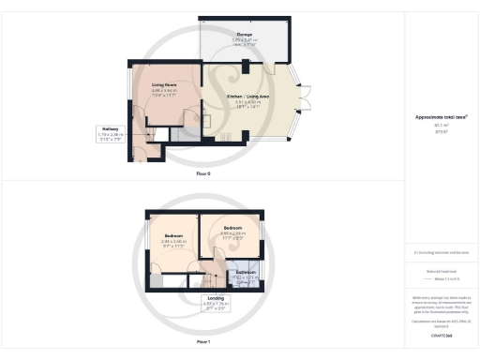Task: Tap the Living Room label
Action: (165, 84)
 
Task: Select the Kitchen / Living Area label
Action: (249, 96)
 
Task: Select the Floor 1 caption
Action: (203, 342)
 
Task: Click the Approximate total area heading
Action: (442, 117)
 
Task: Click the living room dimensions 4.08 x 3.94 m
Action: (165, 91)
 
